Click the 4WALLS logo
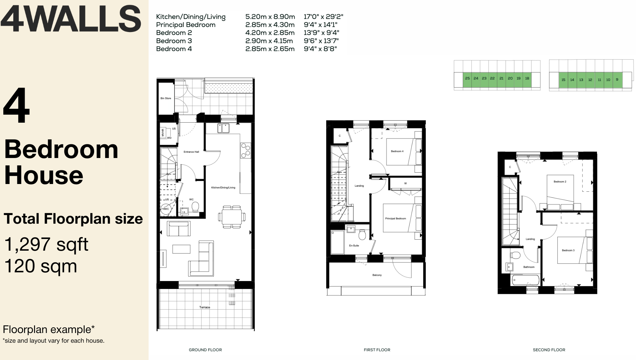tap(71, 19)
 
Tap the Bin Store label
tap(166, 98)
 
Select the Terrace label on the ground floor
tap(205, 307)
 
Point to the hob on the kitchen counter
tap(246, 150)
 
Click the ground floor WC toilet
tap(195, 207)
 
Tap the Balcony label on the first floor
tap(377, 275)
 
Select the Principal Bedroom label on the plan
tap(396, 219)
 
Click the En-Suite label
tap(354, 246)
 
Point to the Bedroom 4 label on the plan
tap(397, 151)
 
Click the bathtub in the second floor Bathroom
tap(526, 280)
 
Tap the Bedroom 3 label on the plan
tap(568, 250)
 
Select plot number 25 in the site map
tap(467, 79)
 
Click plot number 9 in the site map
tap(617, 80)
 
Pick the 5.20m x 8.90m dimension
tap(270, 17)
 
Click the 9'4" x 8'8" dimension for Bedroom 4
tap(320, 49)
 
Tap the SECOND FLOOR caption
tap(549, 350)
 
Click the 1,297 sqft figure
tap(46, 244)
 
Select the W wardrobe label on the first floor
tap(406, 183)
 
